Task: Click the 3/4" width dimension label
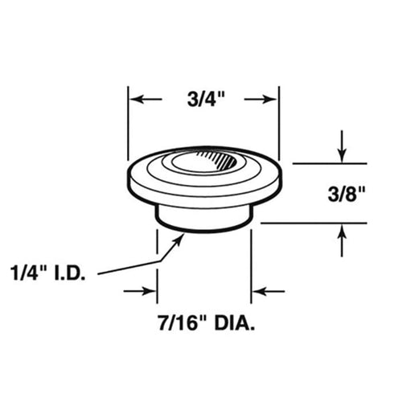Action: click(x=203, y=100)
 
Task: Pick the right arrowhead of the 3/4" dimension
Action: click(x=272, y=100)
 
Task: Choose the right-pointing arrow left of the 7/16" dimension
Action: click(x=149, y=291)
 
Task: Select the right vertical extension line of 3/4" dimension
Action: click(x=278, y=121)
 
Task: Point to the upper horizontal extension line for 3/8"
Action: click(x=322, y=163)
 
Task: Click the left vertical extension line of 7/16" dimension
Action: click(x=156, y=265)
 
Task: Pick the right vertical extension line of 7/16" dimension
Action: click(x=252, y=265)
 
